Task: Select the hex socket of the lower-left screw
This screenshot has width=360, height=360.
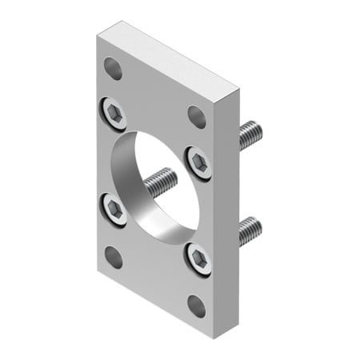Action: point(114,210)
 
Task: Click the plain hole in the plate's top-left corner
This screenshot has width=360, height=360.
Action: point(114,68)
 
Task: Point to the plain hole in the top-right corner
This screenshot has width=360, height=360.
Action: point(197,116)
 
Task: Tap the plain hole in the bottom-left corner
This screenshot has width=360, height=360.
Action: point(114,257)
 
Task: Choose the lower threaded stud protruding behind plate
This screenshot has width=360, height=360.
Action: point(250,230)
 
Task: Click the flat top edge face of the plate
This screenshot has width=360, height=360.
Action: point(168,60)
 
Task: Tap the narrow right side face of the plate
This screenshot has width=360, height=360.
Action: point(230,208)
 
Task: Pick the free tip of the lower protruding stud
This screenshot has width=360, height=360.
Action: point(259,224)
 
